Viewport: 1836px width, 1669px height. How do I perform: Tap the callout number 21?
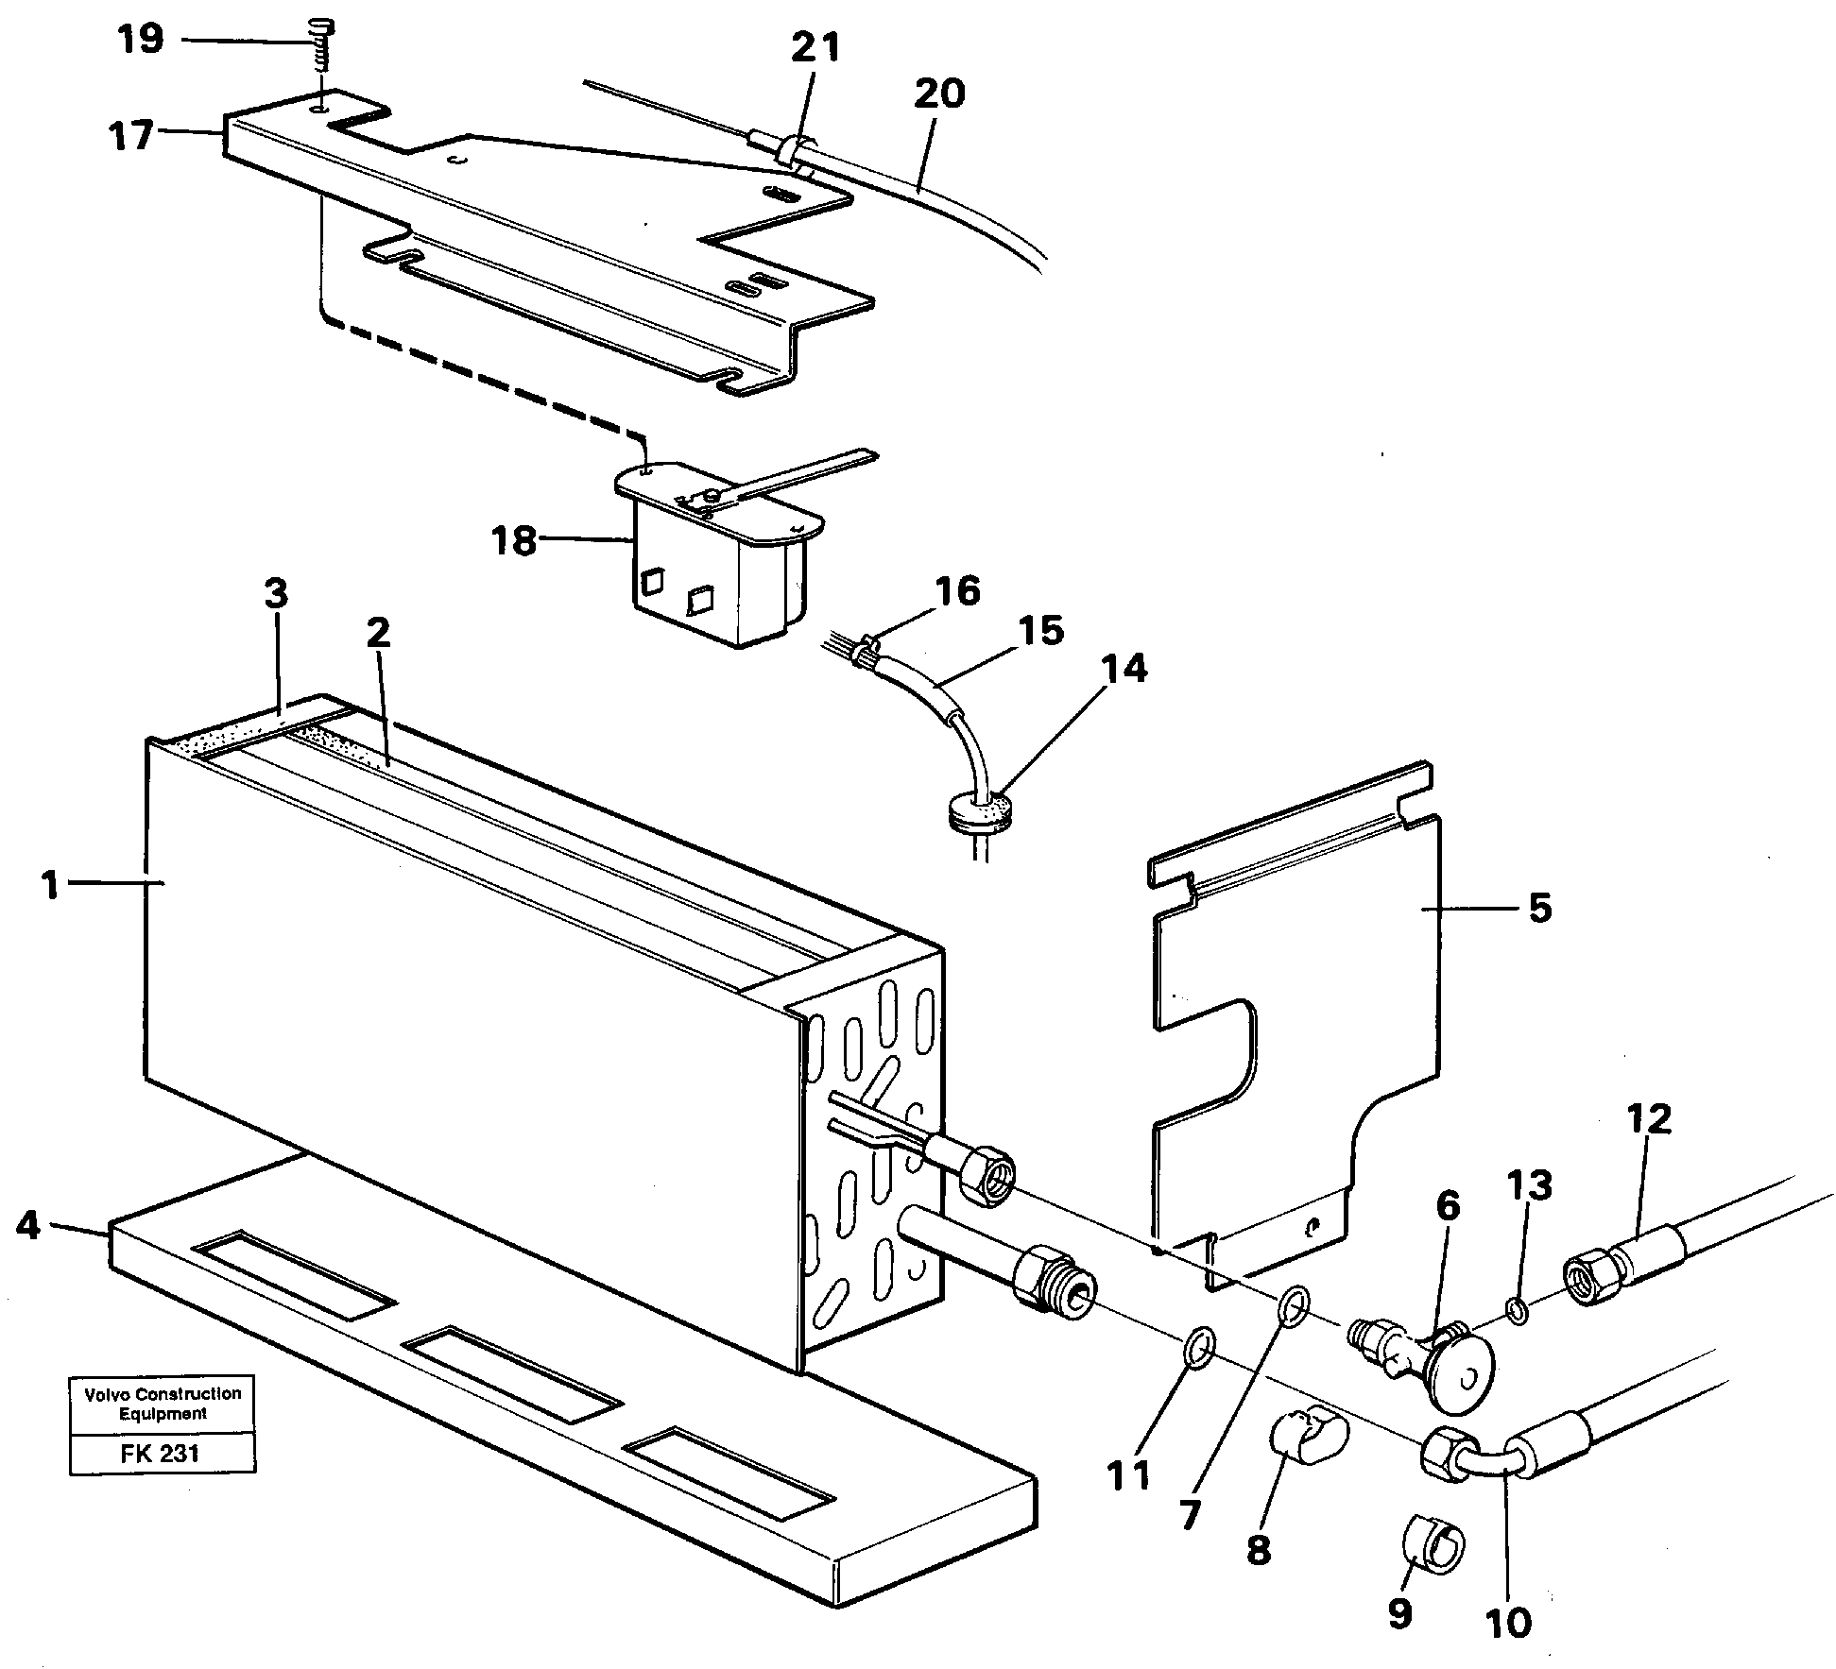pos(815,46)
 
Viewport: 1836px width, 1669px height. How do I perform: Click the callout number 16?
pos(958,591)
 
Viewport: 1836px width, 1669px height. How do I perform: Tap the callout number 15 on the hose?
pos(1041,631)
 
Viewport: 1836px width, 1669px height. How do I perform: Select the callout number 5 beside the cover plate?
pos(1539,908)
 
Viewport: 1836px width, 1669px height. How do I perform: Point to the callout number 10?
pos(1507,1623)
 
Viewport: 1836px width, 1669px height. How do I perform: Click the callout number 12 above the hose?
pos(1650,1119)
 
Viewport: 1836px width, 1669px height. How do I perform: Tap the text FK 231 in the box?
pos(161,1454)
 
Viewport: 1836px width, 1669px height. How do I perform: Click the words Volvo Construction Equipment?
pos(163,1404)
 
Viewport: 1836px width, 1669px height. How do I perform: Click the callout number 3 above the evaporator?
pos(275,594)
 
